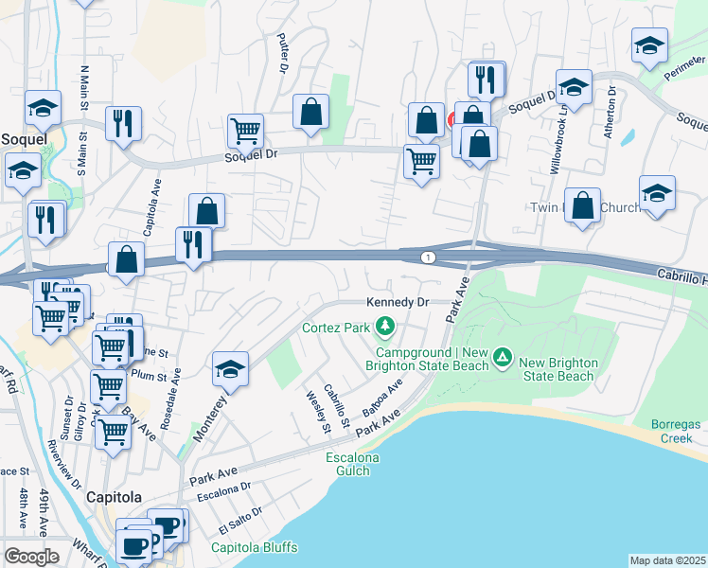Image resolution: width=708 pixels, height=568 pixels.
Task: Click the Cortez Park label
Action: pos(337,328)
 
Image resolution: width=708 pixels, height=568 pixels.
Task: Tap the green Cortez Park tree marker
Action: pos(385,328)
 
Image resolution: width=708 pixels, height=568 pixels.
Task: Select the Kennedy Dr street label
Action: pos(398,302)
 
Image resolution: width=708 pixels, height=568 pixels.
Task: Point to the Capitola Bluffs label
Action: pos(254,547)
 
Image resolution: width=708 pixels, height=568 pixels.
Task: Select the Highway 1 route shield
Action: pos(430,257)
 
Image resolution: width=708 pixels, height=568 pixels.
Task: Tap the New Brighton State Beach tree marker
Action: pos(504,358)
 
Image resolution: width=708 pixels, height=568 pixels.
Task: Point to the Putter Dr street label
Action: pos(282,53)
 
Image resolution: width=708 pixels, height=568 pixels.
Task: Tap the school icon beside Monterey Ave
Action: pos(230,370)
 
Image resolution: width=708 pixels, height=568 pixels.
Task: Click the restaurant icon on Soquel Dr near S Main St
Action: pos(124,124)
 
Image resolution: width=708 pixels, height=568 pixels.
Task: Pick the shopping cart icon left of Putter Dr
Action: pos(246,131)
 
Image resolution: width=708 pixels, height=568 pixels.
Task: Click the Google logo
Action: pos(31,557)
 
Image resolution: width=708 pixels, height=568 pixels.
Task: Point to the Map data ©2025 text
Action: pos(667,560)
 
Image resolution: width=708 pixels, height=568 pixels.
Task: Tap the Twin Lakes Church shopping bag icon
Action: pos(583,205)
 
